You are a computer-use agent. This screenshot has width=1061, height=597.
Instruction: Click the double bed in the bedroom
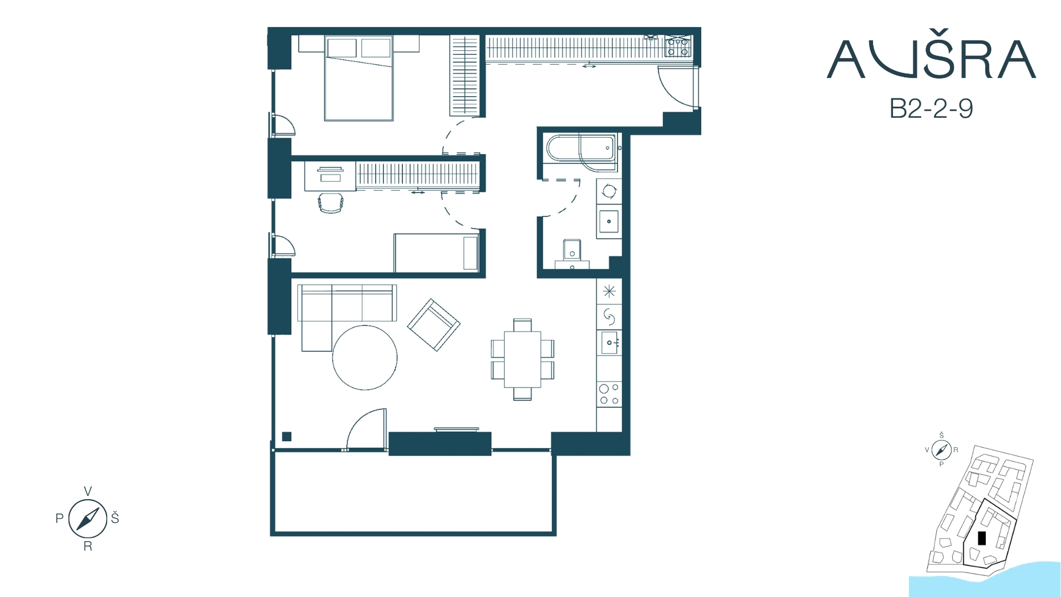359,78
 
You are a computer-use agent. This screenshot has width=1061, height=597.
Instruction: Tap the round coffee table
365,358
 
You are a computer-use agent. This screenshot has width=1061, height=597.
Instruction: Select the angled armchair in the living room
434,325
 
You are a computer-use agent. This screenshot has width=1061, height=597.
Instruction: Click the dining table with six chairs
522,359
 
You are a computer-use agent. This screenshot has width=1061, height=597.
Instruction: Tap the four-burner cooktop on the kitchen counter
609,394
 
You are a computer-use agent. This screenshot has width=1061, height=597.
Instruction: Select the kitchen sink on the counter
609,343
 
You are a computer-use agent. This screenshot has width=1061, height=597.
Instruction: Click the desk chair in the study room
331,202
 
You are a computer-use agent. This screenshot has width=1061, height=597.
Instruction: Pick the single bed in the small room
436,253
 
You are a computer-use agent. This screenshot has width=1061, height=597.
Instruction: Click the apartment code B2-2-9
931,109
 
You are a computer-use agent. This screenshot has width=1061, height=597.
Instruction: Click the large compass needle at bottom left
87,519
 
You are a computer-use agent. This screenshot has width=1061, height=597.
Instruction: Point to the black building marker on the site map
981,538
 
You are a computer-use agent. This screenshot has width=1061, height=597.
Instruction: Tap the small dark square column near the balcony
286,437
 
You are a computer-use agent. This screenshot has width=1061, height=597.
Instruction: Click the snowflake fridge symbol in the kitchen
609,291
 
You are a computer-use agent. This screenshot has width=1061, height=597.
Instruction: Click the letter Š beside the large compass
115,517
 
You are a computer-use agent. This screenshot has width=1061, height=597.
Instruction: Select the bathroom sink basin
609,222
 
